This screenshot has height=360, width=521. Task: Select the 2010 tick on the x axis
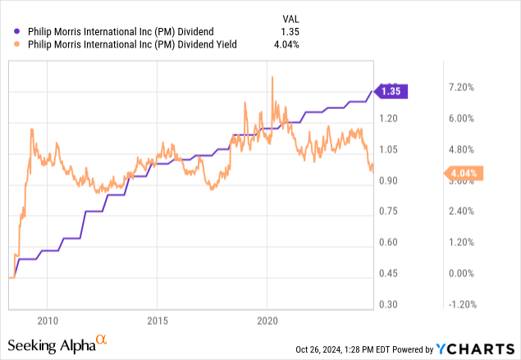pyautogui.click(x=48, y=320)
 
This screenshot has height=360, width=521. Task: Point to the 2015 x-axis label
pyautogui.click(x=158, y=320)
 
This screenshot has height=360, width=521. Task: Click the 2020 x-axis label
pyautogui.click(x=268, y=320)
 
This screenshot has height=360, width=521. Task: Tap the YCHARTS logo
pyautogui.click(x=483, y=349)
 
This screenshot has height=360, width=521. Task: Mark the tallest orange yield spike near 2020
pyautogui.click(x=272, y=77)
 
